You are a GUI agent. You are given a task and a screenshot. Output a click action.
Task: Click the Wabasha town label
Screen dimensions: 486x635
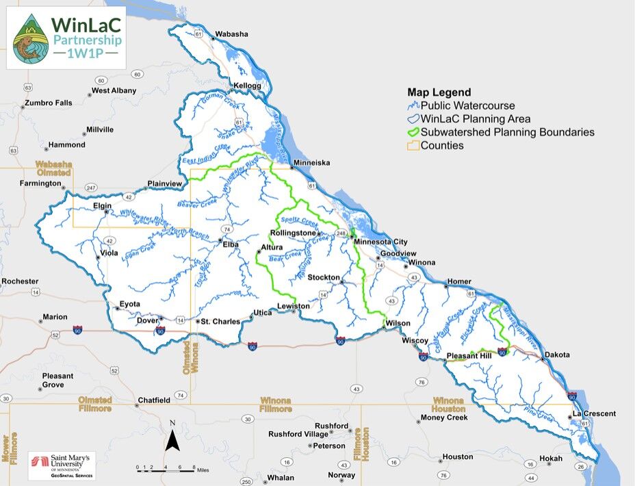coord(231,34)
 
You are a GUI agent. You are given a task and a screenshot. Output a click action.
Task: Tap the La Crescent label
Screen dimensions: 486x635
coord(594,413)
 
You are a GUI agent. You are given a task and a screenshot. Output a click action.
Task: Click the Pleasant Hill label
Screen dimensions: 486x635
coord(469,356)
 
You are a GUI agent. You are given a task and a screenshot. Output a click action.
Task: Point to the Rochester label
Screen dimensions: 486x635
coord(20,281)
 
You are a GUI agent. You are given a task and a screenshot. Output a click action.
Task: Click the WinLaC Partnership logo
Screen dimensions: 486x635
coord(66,38)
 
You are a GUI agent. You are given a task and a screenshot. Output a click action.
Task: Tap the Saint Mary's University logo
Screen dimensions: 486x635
coord(62,465)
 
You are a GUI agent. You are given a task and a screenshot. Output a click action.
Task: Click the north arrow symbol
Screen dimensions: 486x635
coord(173,438)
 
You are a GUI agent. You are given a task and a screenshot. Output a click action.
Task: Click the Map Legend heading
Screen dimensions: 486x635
coord(439,92)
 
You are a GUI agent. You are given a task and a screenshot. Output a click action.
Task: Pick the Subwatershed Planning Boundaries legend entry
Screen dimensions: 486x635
coord(507,132)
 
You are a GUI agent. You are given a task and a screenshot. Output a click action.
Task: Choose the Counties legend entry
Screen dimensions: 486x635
coord(442,145)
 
